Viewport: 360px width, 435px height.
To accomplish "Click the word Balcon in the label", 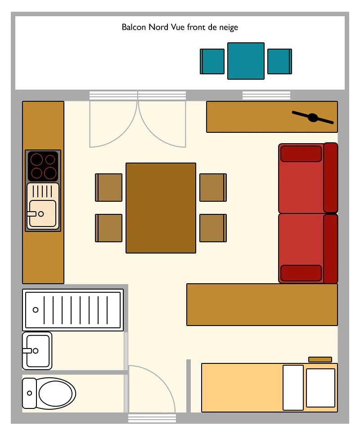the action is point(134,27).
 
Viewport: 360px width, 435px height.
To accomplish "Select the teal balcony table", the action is point(246,61).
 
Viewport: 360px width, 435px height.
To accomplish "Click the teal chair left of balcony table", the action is point(212,61).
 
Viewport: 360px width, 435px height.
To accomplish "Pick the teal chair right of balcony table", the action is point(279,61).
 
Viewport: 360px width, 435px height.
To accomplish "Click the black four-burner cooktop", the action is point(43,166).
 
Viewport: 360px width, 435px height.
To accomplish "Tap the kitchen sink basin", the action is point(43,213).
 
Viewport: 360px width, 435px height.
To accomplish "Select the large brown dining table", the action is point(161,208).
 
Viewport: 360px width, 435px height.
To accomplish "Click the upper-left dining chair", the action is point(108,187).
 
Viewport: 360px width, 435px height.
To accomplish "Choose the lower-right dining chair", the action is point(213,228).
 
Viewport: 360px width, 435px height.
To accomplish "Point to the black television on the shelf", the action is point(313,118).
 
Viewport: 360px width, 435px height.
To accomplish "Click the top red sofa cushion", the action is point(301,154).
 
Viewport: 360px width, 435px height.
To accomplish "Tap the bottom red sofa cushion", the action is point(301,273).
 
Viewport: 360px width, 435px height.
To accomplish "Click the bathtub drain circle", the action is point(36,310).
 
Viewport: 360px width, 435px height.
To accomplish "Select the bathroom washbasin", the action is point(37,351).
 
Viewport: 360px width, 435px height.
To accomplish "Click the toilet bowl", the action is point(56,394).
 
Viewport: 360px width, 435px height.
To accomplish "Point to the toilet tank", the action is point(29,393).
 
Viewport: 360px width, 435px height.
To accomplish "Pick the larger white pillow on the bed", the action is point(321,388).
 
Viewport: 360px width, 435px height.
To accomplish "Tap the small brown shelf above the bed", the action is point(320,359).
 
